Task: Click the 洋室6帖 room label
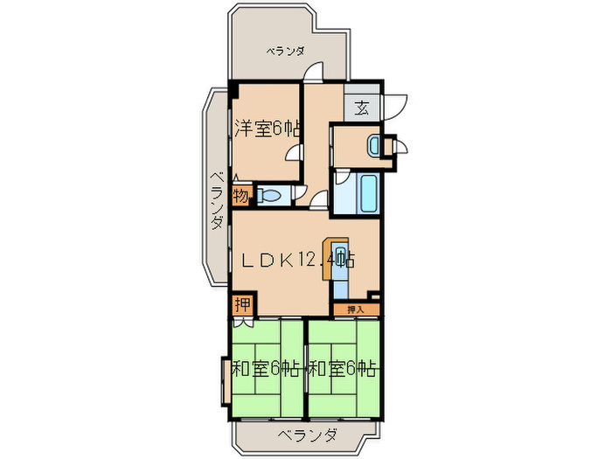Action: point(268,129)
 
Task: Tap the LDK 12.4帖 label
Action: point(297,260)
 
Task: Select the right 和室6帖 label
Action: point(342,368)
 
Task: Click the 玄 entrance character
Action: point(362,109)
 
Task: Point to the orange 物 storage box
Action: point(240,194)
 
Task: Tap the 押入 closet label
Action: point(355,309)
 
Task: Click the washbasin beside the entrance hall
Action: point(373,145)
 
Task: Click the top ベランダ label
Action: point(285,52)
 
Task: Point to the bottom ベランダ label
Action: point(307,435)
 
